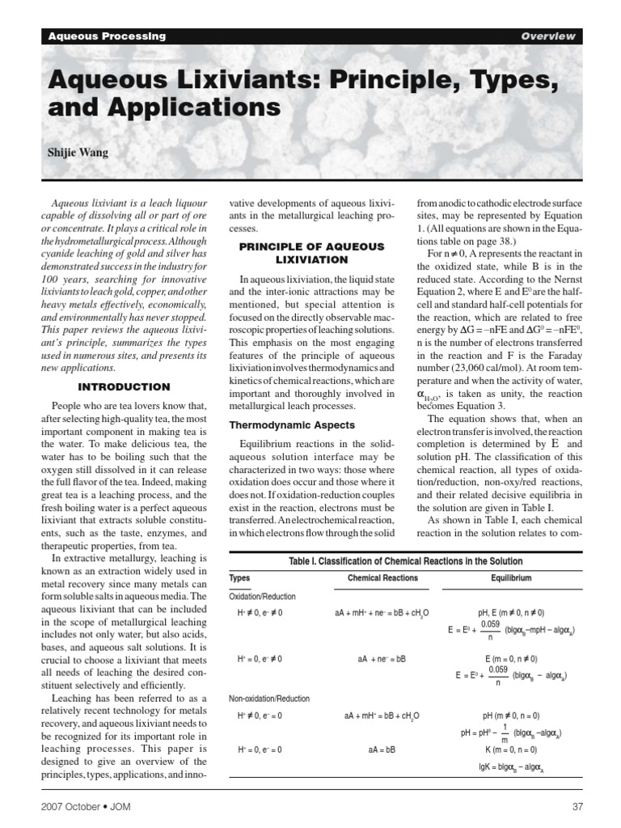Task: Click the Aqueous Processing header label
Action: tap(107, 36)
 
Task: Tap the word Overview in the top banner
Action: tap(547, 36)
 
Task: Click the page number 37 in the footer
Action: tap(576, 806)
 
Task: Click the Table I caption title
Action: tap(405, 561)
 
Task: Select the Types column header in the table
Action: tap(239, 578)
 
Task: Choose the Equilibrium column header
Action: tap(511, 578)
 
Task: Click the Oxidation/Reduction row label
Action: tap(262, 596)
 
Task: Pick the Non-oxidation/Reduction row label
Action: tap(269, 699)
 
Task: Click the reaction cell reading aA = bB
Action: tap(382, 750)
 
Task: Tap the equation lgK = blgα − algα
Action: tap(511, 765)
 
